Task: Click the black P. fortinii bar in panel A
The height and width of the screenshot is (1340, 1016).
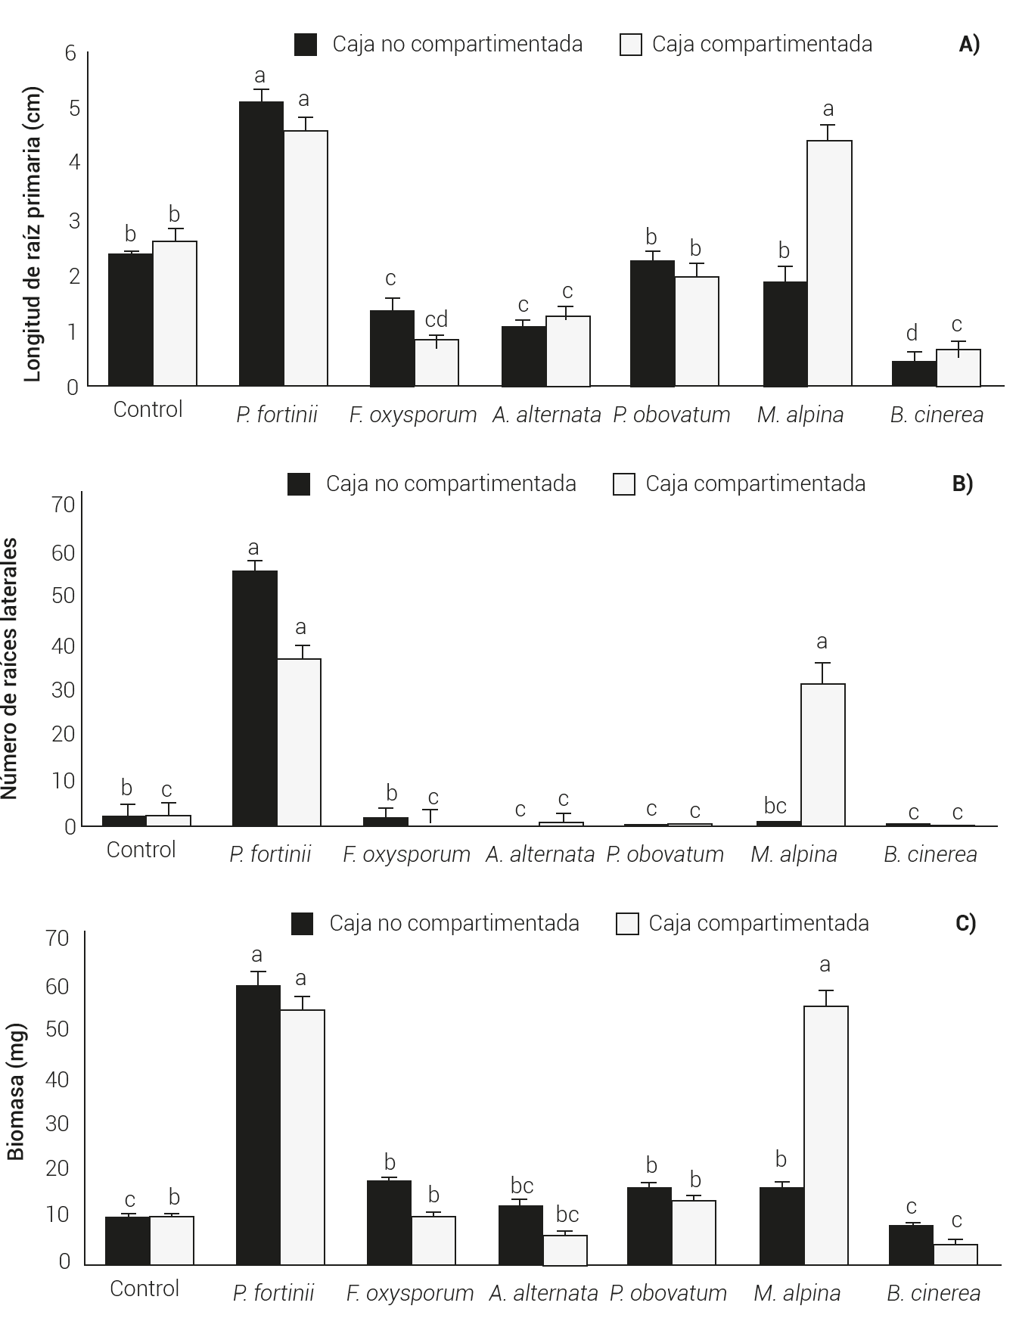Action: tap(261, 244)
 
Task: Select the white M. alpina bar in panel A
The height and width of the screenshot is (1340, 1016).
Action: tap(829, 263)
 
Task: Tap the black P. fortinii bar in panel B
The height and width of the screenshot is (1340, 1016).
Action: tap(254, 698)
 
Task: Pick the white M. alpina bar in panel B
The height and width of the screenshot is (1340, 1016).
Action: tap(823, 754)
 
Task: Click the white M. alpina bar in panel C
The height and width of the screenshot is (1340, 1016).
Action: tap(826, 1135)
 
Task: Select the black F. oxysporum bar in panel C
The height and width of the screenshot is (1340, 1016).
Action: tap(389, 1222)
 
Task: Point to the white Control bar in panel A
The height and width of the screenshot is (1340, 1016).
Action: tap(175, 313)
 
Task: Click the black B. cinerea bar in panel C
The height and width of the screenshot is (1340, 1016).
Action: tap(911, 1245)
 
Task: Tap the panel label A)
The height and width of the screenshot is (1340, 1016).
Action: tap(969, 45)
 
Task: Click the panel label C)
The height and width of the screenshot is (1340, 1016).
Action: tap(966, 923)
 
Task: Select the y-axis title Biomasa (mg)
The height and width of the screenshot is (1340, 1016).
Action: tap(17, 1092)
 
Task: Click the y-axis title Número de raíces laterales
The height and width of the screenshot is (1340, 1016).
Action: tap(9, 668)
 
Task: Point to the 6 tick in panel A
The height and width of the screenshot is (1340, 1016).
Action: tap(71, 53)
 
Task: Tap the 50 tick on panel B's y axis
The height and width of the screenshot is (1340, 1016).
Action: tap(64, 595)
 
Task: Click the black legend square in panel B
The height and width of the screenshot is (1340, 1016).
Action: tap(299, 484)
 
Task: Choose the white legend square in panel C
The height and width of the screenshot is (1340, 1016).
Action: tap(627, 924)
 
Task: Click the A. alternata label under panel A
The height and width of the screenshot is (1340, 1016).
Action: tap(546, 415)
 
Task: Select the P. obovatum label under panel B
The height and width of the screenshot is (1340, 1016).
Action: tap(665, 854)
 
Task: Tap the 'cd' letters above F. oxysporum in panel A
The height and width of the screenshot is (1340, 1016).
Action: tap(436, 319)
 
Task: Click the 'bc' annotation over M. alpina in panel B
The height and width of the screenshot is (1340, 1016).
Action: tap(775, 806)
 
